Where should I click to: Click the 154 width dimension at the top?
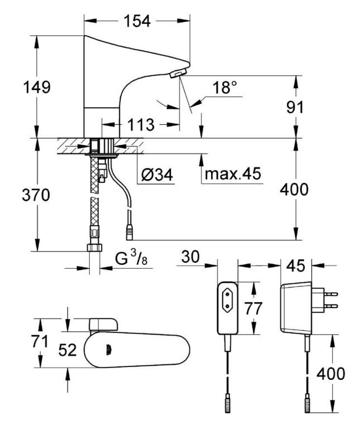tap(137, 21)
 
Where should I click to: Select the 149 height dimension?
tap(37, 87)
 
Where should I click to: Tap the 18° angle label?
tap(224, 87)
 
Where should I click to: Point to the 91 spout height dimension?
tap(295, 107)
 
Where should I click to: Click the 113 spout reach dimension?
tap(141, 125)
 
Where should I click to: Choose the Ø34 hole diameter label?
tap(157, 175)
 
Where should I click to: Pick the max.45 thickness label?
tap(233, 173)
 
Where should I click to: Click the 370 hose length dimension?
tap(36, 195)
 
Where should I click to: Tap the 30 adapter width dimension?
tap(190, 257)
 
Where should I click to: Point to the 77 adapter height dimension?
tap(253, 308)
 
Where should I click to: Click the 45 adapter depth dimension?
tap(296, 265)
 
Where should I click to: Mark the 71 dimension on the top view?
tap(40, 341)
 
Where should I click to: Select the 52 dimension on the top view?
tap(68, 350)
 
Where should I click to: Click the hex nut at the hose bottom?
tap(94, 248)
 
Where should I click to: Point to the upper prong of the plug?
tap(331, 294)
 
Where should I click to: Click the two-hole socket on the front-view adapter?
tap(227, 300)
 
